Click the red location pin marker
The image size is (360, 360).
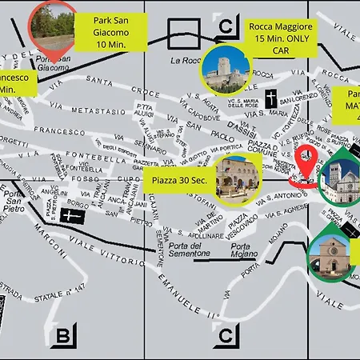305,165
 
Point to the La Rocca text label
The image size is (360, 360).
185,61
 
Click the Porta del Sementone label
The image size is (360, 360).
189,249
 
